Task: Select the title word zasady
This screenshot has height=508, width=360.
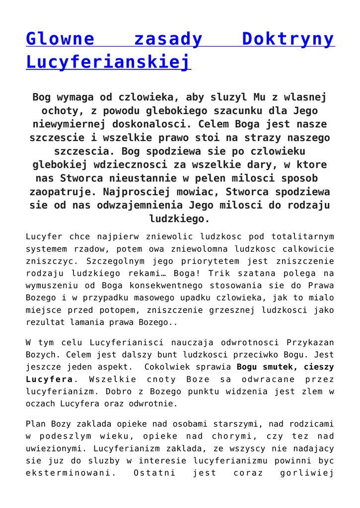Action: (168, 39)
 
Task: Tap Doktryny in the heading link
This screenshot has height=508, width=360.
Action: (288, 39)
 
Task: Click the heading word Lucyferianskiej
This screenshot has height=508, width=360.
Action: (108, 63)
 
